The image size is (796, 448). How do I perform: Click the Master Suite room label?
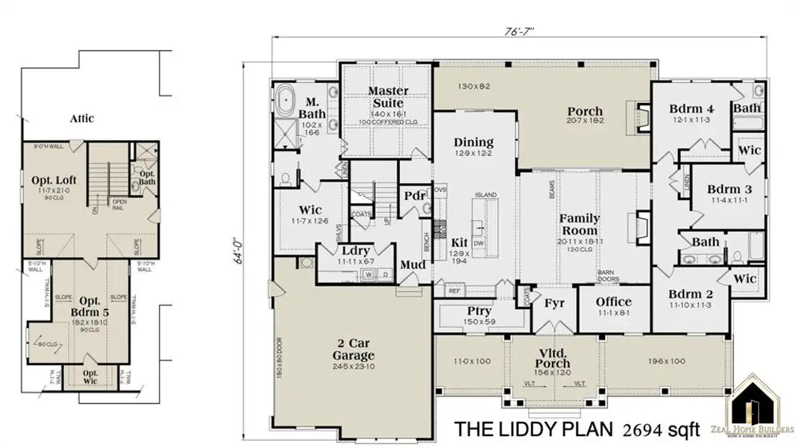(x=386, y=96)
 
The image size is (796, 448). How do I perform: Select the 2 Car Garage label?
(x=354, y=351)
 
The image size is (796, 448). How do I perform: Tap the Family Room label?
(x=580, y=224)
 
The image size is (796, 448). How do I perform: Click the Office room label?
(x=614, y=302)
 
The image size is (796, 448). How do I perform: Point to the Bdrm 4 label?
(x=692, y=108)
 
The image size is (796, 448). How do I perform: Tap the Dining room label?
(x=474, y=142)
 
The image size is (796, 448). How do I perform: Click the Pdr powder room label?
(x=414, y=196)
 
